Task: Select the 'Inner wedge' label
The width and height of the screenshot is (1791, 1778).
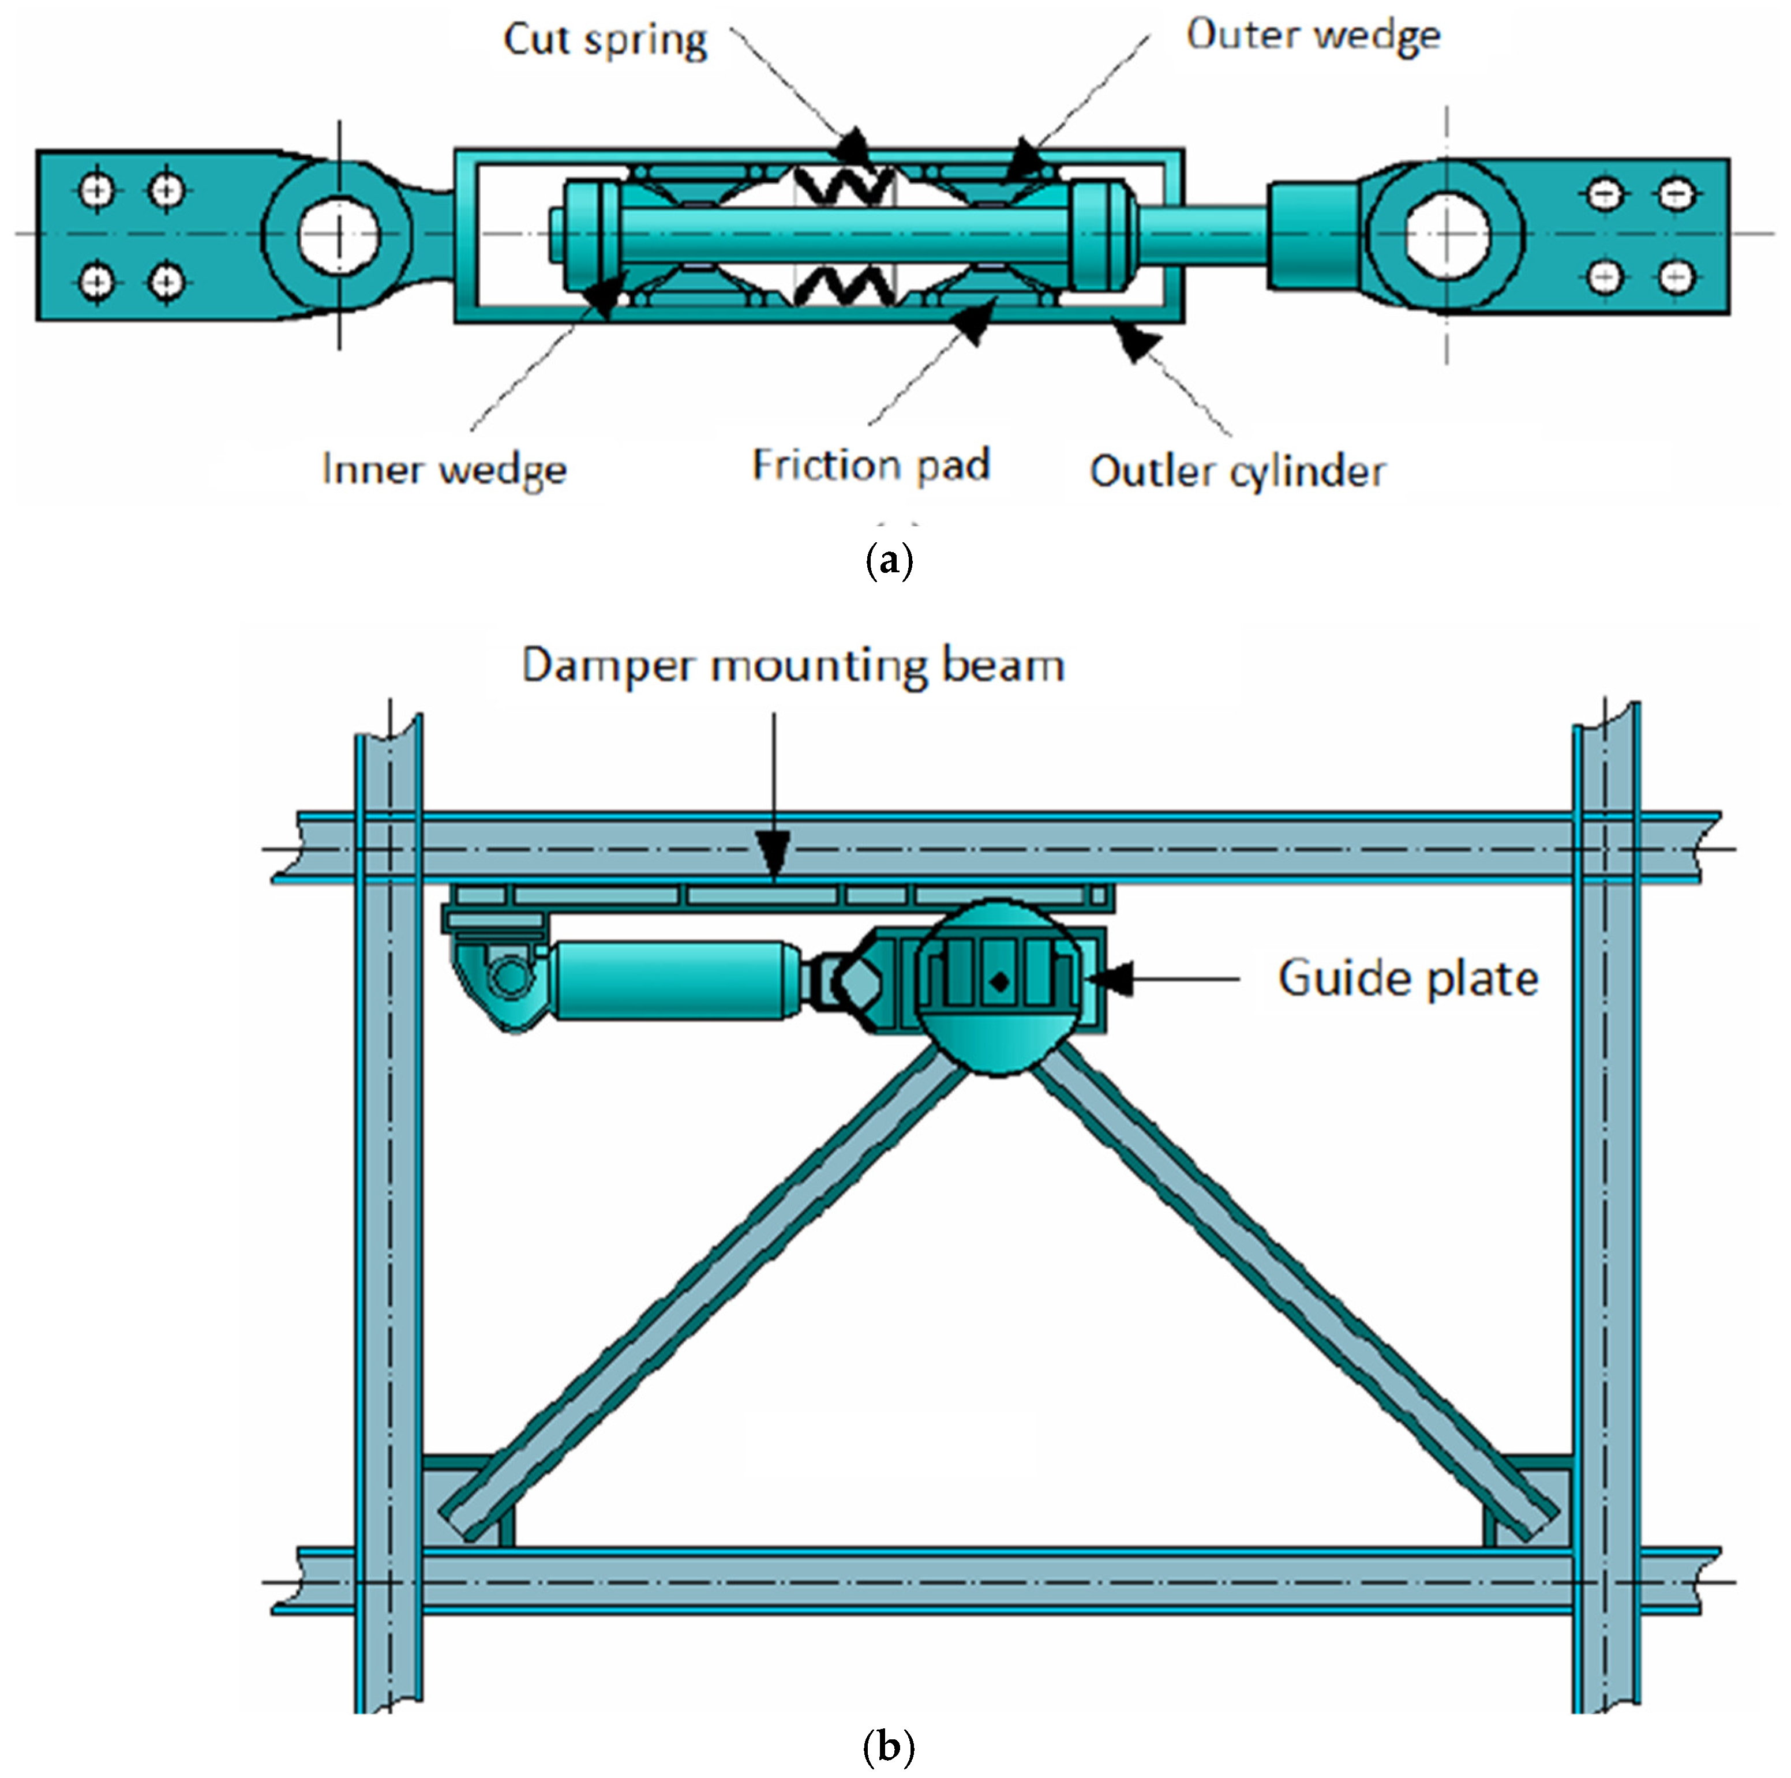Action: pos(444,469)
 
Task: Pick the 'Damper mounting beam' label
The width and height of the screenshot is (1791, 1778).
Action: pos(793,666)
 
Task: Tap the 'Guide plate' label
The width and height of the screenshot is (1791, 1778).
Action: pos(1408,978)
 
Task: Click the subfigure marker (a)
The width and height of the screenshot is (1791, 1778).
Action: pos(888,561)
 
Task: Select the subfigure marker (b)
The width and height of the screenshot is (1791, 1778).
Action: pos(888,1746)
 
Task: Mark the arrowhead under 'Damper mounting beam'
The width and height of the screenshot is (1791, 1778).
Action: pos(774,850)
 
